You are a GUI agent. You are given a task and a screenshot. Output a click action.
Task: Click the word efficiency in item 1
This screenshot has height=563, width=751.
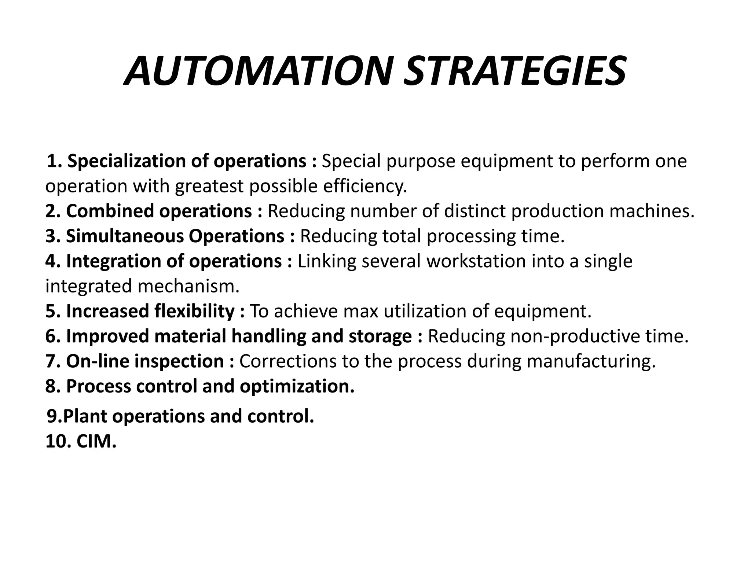click(x=365, y=186)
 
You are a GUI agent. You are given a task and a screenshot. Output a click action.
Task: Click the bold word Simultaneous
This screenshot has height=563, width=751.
click(x=124, y=236)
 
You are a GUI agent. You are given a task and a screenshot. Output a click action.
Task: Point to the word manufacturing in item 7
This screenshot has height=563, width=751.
click(x=591, y=361)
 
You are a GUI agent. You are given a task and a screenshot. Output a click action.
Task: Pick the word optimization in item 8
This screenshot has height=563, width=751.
click(x=297, y=386)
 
